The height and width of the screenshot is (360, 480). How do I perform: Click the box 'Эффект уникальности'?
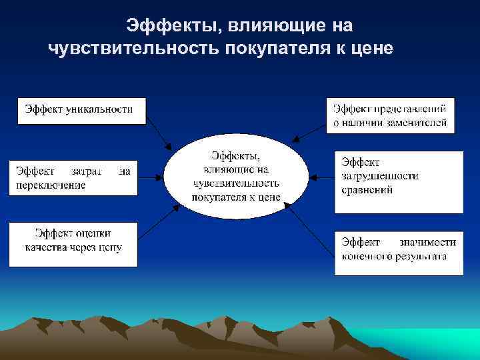[81, 110]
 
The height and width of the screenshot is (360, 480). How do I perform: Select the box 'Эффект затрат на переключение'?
[73, 177]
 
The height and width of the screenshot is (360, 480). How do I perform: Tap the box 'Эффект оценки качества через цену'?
[73, 244]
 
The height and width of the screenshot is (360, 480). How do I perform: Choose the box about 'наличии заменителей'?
[391, 115]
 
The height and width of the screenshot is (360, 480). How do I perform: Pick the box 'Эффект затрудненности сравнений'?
[399, 181]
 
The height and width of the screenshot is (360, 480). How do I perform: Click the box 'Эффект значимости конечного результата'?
[399, 252]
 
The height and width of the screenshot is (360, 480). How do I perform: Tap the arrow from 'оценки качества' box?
[157, 221]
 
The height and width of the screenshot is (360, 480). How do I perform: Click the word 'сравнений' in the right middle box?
[367, 190]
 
